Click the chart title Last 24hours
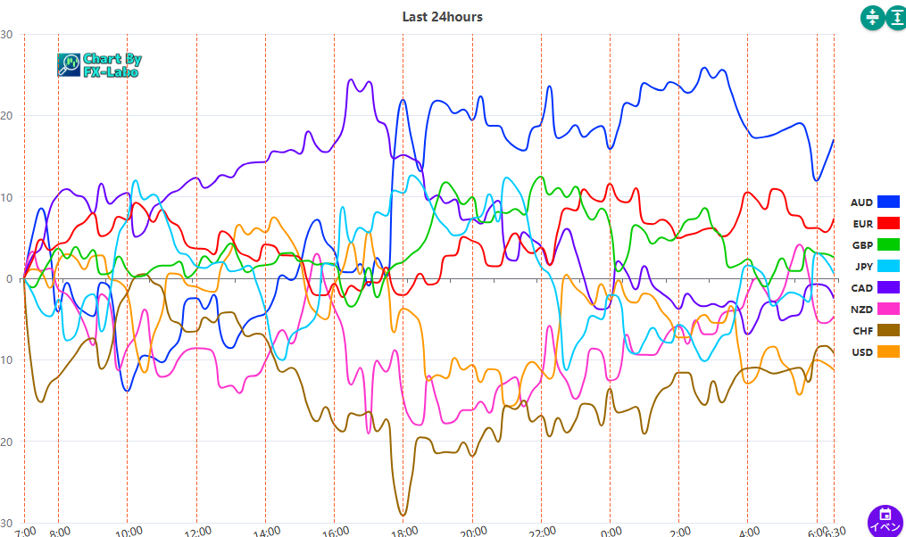point(442,16)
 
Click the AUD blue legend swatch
point(888,202)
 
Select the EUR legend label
point(862,224)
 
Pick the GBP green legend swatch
point(888,245)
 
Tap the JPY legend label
point(862,266)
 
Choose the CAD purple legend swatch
point(888,287)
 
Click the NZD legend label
point(861,309)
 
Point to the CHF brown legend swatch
point(888,330)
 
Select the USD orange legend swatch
point(888,351)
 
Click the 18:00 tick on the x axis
point(404,532)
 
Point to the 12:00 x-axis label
point(197,532)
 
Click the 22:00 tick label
point(541,532)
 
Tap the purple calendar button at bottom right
point(885,519)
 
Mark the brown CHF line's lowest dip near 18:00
point(403,515)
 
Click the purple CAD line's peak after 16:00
point(350,80)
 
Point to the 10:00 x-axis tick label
point(129,532)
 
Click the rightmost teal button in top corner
point(897,17)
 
